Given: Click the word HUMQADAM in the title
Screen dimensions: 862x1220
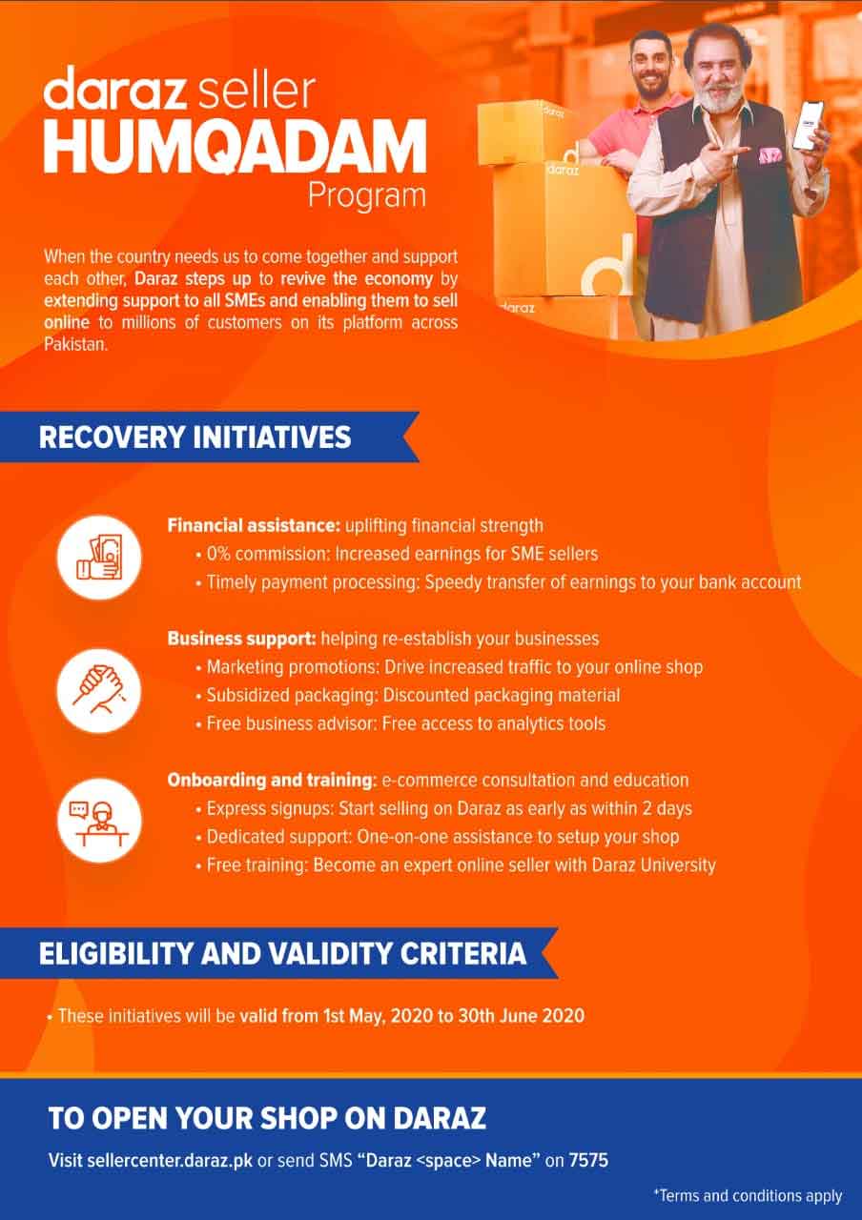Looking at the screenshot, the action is point(235,146).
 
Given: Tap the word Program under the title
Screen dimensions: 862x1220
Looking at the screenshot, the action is point(367,197).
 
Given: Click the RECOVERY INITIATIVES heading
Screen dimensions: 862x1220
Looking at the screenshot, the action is point(195,437).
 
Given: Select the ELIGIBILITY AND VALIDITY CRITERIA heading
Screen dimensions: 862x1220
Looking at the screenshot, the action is point(283,954).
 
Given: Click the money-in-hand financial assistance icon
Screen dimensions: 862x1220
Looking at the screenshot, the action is point(99,558).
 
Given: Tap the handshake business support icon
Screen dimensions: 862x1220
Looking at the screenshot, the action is point(99,691).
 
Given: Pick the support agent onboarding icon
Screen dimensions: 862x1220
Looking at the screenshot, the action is point(99,821).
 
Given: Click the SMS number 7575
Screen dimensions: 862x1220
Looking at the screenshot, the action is point(588,1160).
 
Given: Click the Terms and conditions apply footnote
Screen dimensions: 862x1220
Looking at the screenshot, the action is point(749,1196).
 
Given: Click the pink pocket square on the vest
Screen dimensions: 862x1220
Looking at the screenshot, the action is point(770,155).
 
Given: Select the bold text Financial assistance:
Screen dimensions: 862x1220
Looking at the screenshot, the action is point(254,525).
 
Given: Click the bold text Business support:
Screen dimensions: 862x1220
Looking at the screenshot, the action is point(242,639).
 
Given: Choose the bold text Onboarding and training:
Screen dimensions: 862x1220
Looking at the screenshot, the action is point(272,781).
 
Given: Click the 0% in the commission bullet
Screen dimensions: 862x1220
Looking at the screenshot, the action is point(218,554).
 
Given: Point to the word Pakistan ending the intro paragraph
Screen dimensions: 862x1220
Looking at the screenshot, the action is point(75,344).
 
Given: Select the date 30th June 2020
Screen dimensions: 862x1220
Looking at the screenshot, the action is point(522,1016).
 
